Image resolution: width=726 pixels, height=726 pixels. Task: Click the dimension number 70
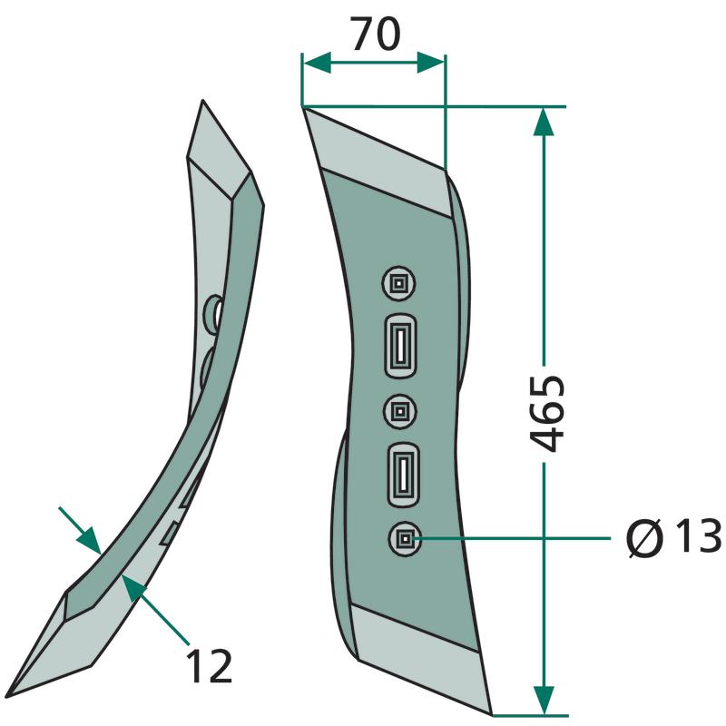click(375, 34)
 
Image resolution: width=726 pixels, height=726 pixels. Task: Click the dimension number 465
click(547, 413)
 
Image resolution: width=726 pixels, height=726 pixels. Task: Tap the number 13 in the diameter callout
click(698, 536)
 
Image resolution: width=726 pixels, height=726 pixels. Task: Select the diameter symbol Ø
click(645, 537)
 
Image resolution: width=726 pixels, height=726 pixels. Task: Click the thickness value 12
click(209, 666)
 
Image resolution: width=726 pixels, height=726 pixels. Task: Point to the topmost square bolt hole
click(398, 283)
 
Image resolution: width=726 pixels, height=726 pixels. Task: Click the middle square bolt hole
click(400, 411)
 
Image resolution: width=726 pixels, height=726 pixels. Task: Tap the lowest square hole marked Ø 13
click(405, 538)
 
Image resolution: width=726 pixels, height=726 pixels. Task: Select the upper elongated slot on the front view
click(400, 346)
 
